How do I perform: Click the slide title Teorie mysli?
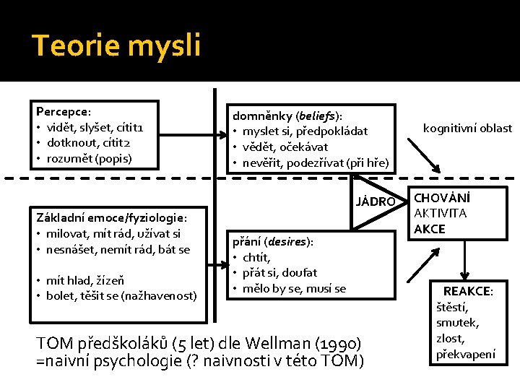[x=116, y=46]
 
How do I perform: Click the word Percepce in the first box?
[x=61, y=112]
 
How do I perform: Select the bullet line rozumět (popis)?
[x=90, y=157]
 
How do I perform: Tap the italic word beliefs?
[x=318, y=116]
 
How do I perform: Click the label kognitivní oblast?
[x=467, y=128]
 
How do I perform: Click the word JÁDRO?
[x=376, y=201]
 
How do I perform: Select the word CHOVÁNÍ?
[x=441, y=197]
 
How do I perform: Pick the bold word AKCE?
[x=430, y=229]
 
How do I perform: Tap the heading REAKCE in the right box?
[x=467, y=291]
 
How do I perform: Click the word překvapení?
[x=465, y=354]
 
